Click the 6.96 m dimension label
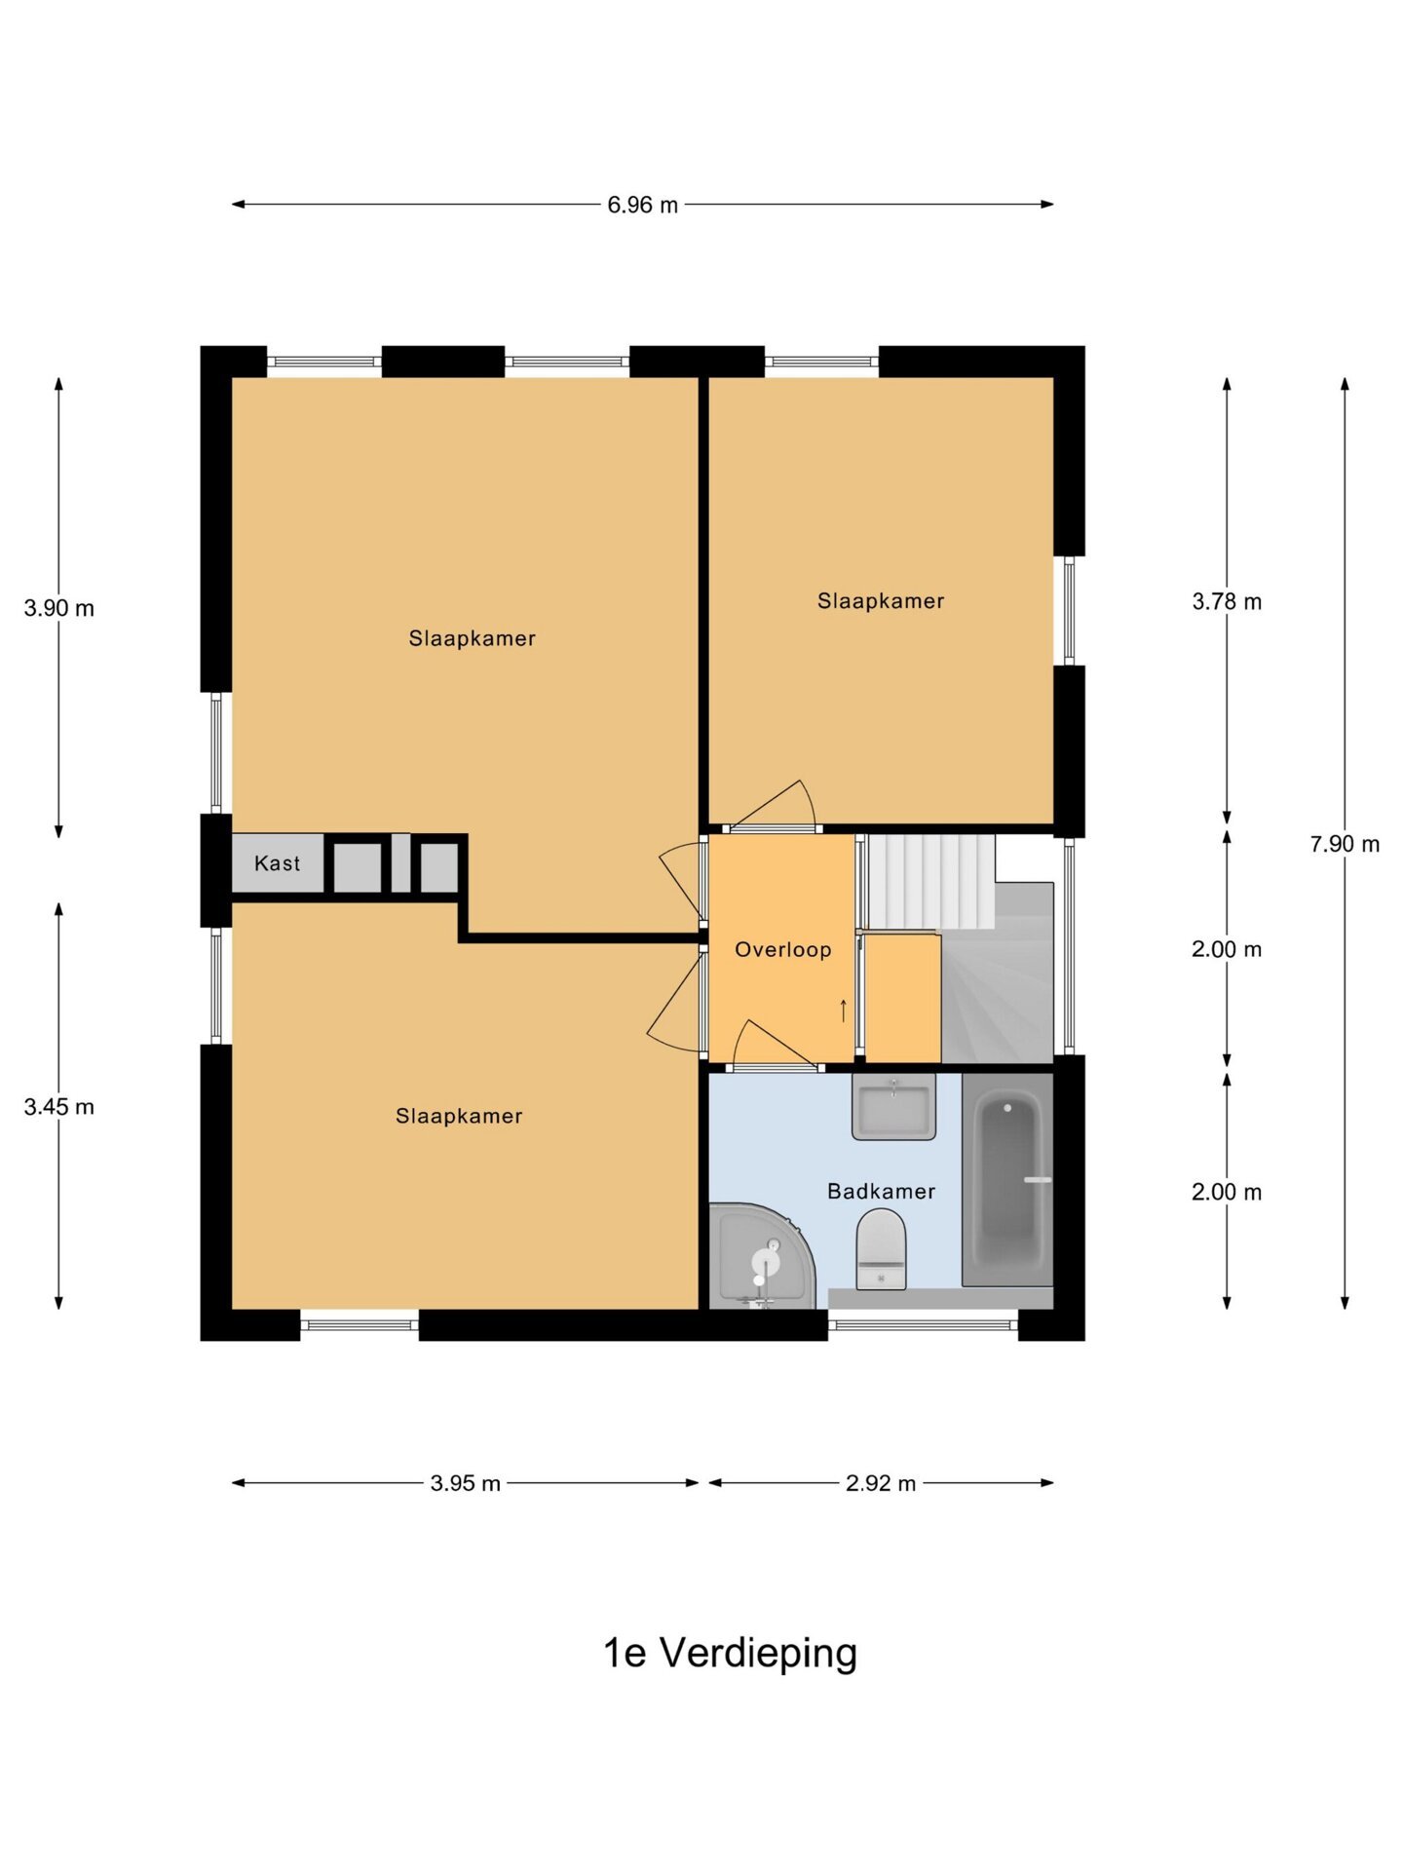pos(642,205)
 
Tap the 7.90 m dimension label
pos(1345,844)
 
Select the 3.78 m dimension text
pos(1227,601)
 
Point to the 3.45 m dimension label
pos(59,1107)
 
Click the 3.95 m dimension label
pos(466,1483)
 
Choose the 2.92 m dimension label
pos(881,1483)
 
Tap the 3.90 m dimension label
pos(59,608)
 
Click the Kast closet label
pos(278,863)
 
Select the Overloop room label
pos(783,950)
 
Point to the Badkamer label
pos(882,1191)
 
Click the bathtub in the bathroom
pos(1007,1180)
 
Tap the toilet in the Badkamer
pos(881,1249)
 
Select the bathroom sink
pos(893,1106)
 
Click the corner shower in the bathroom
pos(761,1257)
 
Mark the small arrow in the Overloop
pos(844,1011)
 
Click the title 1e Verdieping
pos(731,1653)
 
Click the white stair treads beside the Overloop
pos(930,881)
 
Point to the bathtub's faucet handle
pos(1038,1180)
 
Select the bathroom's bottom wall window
pos(923,1325)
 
